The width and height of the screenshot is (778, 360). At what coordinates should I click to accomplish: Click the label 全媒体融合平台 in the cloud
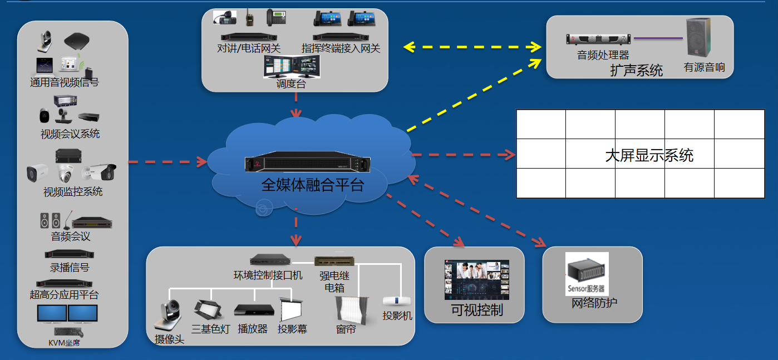(312, 185)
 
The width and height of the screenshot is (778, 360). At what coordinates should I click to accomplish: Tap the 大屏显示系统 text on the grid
(649, 155)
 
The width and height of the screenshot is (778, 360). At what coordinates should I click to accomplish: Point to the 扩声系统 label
(636, 71)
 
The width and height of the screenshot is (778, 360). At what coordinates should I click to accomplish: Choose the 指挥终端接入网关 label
(341, 48)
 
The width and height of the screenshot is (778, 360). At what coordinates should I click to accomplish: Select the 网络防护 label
(594, 303)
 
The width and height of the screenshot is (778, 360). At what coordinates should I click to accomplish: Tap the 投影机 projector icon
(397, 300)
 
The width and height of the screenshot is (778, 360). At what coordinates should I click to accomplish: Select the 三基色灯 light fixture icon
(208, 309)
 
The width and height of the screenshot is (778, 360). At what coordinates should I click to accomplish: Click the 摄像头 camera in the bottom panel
(168, 315)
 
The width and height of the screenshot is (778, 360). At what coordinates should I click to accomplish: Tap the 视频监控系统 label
(73, 192)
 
